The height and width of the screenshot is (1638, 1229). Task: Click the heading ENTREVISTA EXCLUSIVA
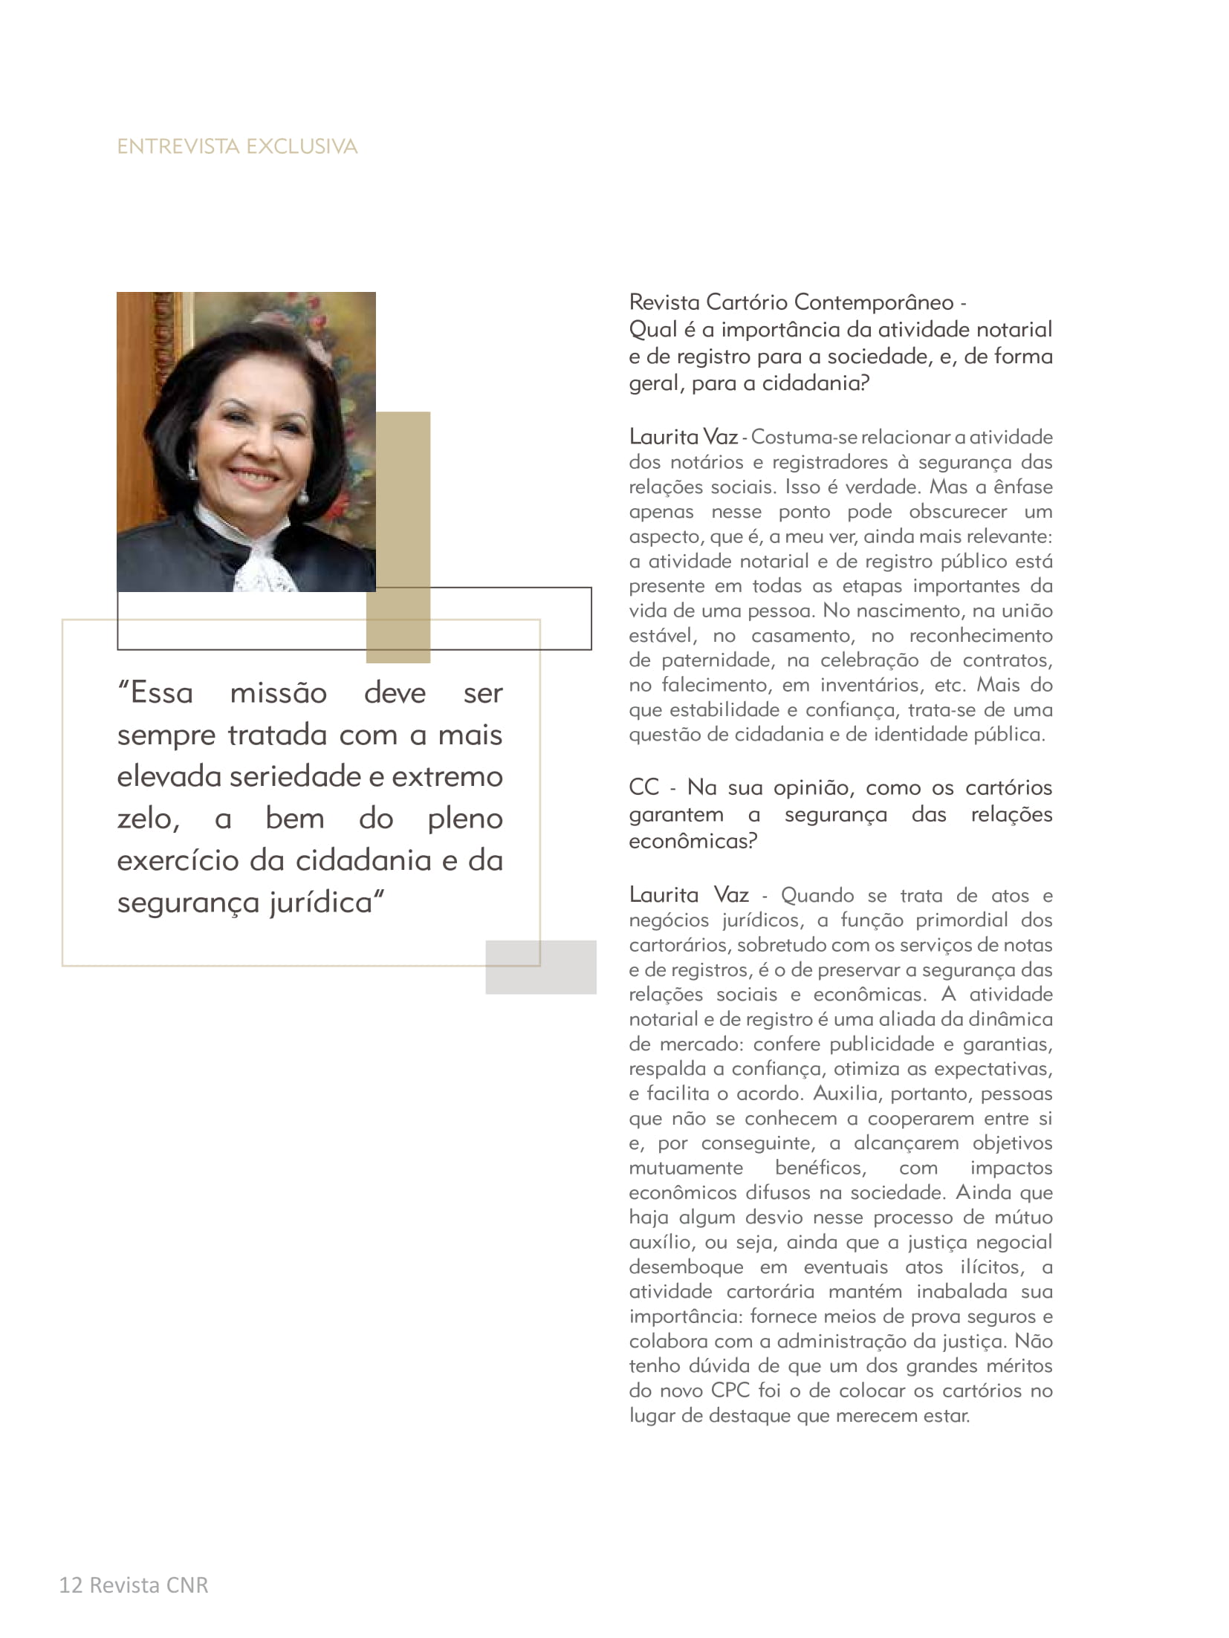click(x=237, y=146)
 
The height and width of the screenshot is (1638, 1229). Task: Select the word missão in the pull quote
click(x=278, y=694)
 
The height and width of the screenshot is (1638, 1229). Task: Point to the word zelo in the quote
click(x=146, y=819)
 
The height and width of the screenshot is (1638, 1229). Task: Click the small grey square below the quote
click(x=540, y=967)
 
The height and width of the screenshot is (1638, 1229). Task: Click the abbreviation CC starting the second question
click(x=643, y=787)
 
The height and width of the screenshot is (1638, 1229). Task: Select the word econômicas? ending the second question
click(x=693, y=842)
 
